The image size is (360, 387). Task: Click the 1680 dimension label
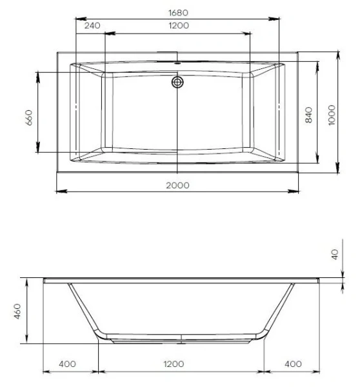(x=179, y=12)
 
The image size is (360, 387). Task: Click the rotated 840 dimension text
(x=308, y=115)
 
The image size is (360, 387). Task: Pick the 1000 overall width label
(x=331, y=114)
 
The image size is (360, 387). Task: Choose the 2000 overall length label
(x=177, y=184)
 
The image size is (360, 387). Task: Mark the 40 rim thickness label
(x=334, y=253)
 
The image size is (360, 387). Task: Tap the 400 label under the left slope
(x=67, y=364)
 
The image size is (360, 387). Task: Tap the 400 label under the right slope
(x=293, y=364)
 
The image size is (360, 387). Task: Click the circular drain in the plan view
(x=177, y=82)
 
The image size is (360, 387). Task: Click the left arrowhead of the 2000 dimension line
(x=59, y=191)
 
